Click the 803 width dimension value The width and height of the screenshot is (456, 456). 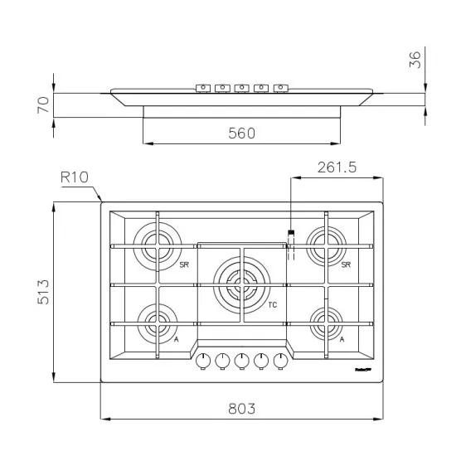point(240,408)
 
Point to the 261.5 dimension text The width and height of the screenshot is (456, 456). point(337,167)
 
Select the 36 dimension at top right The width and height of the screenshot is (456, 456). point(416,59)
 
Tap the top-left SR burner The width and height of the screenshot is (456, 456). point(157,244)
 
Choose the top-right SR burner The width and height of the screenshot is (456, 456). point(326,244)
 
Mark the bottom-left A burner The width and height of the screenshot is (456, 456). point(156,320)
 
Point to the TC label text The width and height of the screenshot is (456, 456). point(272,305)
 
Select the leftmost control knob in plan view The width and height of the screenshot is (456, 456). point(202,361)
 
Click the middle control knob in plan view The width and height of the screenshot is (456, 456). point(241,361)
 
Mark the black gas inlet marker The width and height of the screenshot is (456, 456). point(290,233)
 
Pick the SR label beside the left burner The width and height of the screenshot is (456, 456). point(184,264)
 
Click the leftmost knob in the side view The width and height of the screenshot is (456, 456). point(202,87)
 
